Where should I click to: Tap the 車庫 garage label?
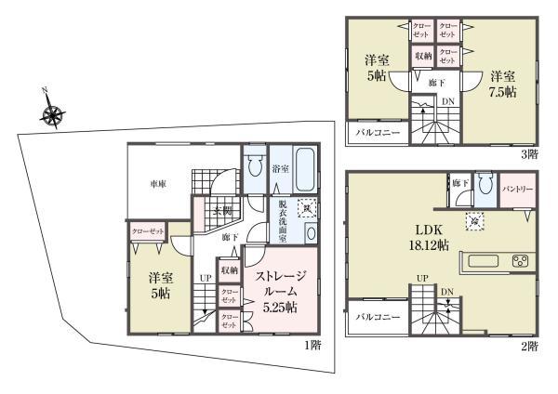(158, 185)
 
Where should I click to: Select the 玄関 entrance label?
(222, 211)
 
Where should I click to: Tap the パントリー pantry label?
(517, 190)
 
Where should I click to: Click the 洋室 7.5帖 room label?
(503, 85)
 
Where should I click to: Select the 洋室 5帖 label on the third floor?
(378, 71)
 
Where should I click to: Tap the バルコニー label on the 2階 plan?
(378, 317)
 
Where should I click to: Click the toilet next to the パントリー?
(483, 183)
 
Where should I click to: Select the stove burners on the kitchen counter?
(520, 260)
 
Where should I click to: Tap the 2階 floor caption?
(529, 346)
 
